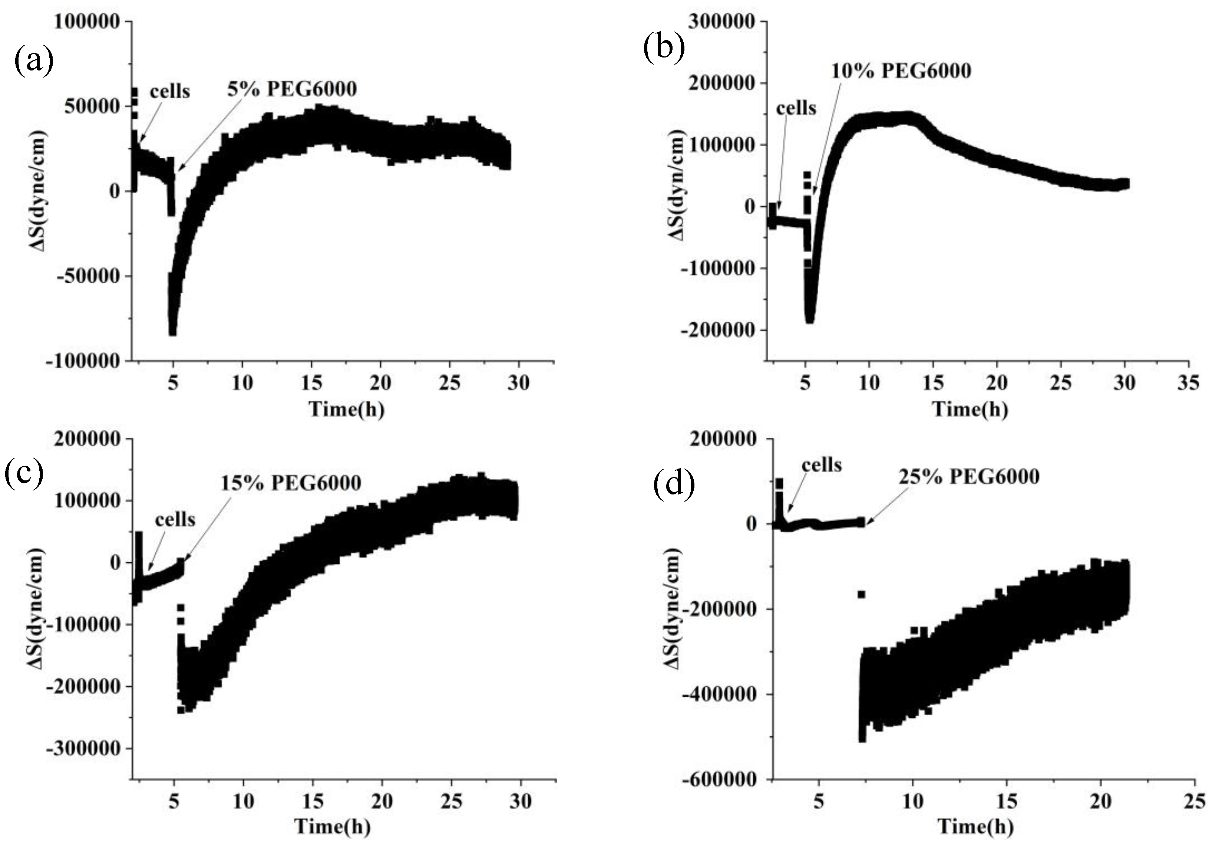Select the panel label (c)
[x=23, y=474]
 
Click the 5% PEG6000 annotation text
[x=292, y=89]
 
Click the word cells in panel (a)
[x=170, y=91]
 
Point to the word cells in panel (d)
[x=821, y=465]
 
